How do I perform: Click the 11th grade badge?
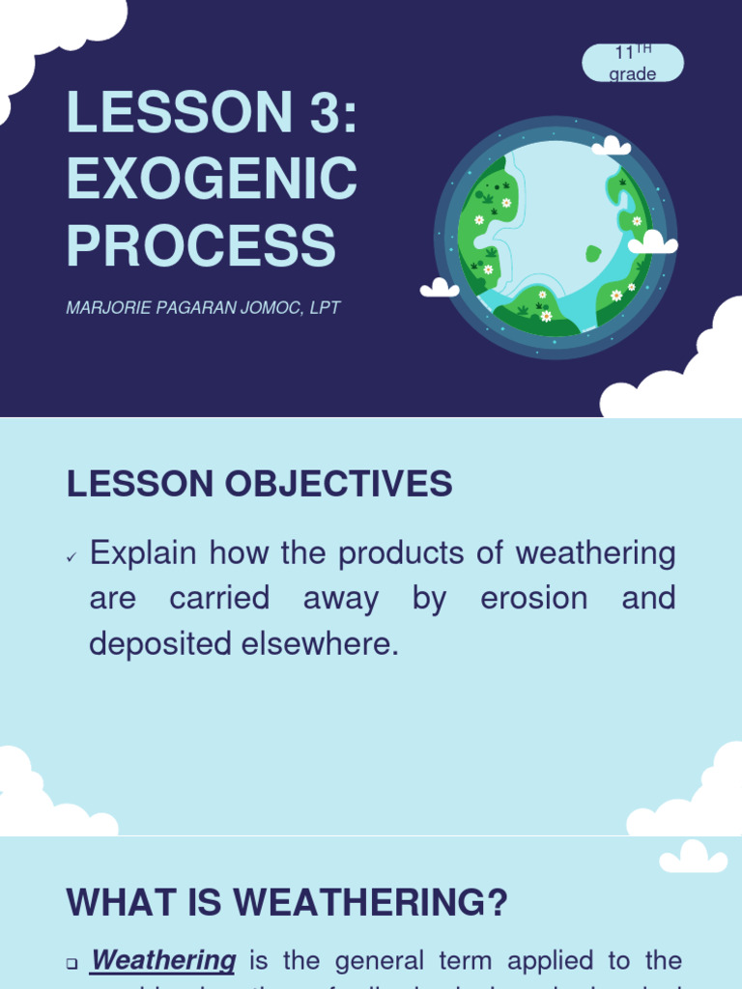[633, 63]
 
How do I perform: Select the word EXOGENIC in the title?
[212, 179]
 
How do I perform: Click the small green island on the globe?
[592, 254]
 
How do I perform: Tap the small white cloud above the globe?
[611, 147]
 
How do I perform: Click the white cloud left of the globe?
[440, 288]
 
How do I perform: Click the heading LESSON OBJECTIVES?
[259, 484]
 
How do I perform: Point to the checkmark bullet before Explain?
[71, 557]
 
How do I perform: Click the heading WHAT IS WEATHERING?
[287, 903]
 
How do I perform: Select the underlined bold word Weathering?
[163, 960]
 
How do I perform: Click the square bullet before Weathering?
[71, 963]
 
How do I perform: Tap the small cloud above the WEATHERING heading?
[693, 857]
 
